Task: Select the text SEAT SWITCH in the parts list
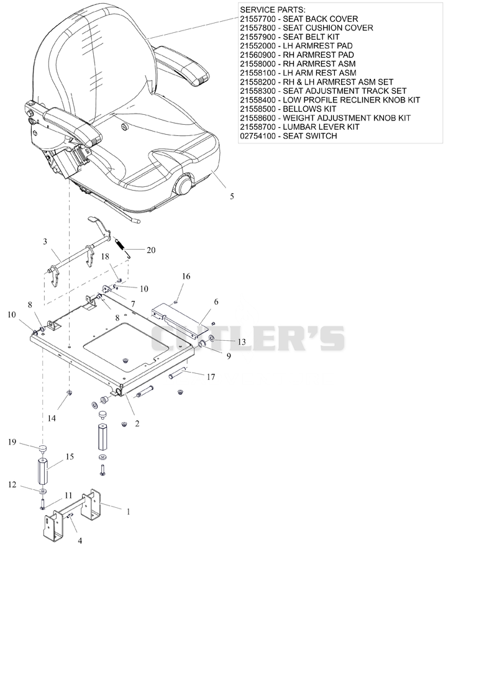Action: point(310,136)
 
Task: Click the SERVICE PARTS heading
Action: point(273,10)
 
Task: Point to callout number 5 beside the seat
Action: point(232,196)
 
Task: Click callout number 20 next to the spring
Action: point(151,250)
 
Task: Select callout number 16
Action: point(186,276)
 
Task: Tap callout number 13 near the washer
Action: point(242,342)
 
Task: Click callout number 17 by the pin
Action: point(211,377)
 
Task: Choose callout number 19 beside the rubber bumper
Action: point(12,442)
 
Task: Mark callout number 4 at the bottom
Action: point(80,541)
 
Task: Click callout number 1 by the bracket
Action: point(128,512)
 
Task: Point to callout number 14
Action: point(52,418)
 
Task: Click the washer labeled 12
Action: point(43,492)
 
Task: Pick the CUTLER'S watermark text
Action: point(247,338)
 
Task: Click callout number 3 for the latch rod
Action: point(45,242)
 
